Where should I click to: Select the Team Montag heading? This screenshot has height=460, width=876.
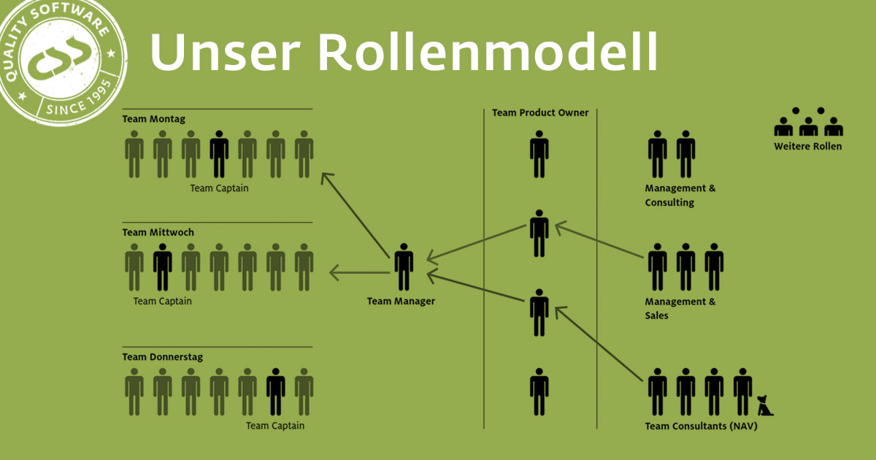pyautogui.click(x=153, y=119)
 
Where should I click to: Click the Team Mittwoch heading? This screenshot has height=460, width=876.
pyautogui.click(x=158, y=232)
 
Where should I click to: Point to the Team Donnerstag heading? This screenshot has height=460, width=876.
pyautogui.click(x=163, y=357)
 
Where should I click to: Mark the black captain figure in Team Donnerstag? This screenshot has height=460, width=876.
pyautogui.click(x=276, y=392)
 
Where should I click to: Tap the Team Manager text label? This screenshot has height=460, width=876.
pyautogui.click(x=401, y=302)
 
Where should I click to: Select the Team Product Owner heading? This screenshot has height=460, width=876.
pyautogui.click(x=540, y=112)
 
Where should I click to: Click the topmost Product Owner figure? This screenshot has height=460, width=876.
pyautogui.click(x=539, y=154)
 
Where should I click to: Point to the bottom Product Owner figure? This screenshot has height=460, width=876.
pyautogui.click(x=539, y=392)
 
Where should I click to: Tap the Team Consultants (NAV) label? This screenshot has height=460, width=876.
pyautogui.click(x=701, y=426)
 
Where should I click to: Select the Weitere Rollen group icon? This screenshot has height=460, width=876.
pyautogui.click(x=808, y=122)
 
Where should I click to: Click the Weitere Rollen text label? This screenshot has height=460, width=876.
pyautogui.click(x=808, y=146)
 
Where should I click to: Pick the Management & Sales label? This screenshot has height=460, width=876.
pyautogui.click(x=680, y=308)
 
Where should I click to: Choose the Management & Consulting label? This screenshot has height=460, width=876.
pyautogui.click(x=680, y=195)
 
